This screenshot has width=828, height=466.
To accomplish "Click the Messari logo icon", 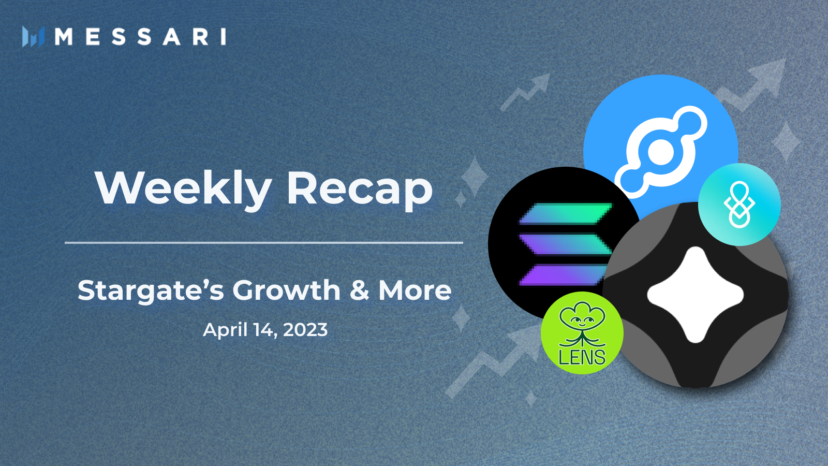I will pos(33,37).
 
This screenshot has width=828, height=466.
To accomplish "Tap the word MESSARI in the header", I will pos(140,37).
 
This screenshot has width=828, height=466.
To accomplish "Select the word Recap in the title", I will pos(360,189).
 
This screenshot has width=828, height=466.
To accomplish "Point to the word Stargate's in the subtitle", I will pos(151,290).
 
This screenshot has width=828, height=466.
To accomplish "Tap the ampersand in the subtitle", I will pos(359,290).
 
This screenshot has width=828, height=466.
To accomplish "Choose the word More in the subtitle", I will pos(415,290).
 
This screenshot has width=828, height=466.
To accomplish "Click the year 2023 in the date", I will pos(305,330).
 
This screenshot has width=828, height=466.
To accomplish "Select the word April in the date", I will pos(225,330).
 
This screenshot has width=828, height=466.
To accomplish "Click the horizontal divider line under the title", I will pos(264,242).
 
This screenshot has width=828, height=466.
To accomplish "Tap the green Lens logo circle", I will pos(582,333).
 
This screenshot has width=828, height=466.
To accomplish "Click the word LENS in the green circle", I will pos(582,357).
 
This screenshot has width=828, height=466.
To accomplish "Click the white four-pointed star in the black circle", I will pos(696,295).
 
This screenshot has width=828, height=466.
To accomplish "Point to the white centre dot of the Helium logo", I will pos(661,153).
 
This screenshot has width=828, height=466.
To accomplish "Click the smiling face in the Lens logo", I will pos(582,321).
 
